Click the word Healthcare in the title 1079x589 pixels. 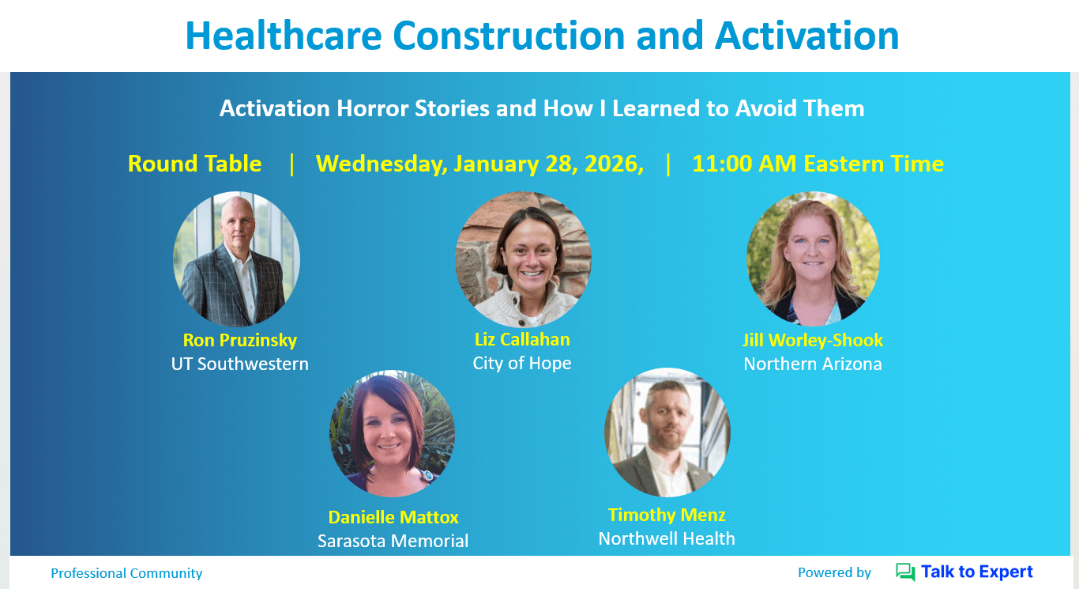point(284,36)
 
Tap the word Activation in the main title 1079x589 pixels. point(806,36)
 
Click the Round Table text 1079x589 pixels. point(194,164)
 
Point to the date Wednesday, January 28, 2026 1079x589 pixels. point(479,164)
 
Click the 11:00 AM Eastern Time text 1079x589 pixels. point(818,164)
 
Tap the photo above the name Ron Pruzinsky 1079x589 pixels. point(236,259)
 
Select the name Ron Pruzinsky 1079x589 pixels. point(240,340)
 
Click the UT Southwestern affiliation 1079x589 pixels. point(240,364)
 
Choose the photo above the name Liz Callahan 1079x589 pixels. point(524,259)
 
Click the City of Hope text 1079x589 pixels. point(522,364)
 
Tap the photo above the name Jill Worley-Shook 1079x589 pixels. point(813,259)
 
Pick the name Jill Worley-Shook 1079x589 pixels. point(813,340)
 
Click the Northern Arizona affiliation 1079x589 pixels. point(813,364)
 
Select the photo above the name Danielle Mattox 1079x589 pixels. point(392,433)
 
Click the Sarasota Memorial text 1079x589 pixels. point(393,541)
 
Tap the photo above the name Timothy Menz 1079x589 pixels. point(667,432)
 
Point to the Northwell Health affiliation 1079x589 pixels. point(667,538)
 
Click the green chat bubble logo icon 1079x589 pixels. point(905,572)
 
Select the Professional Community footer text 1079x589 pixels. point(126,573)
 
